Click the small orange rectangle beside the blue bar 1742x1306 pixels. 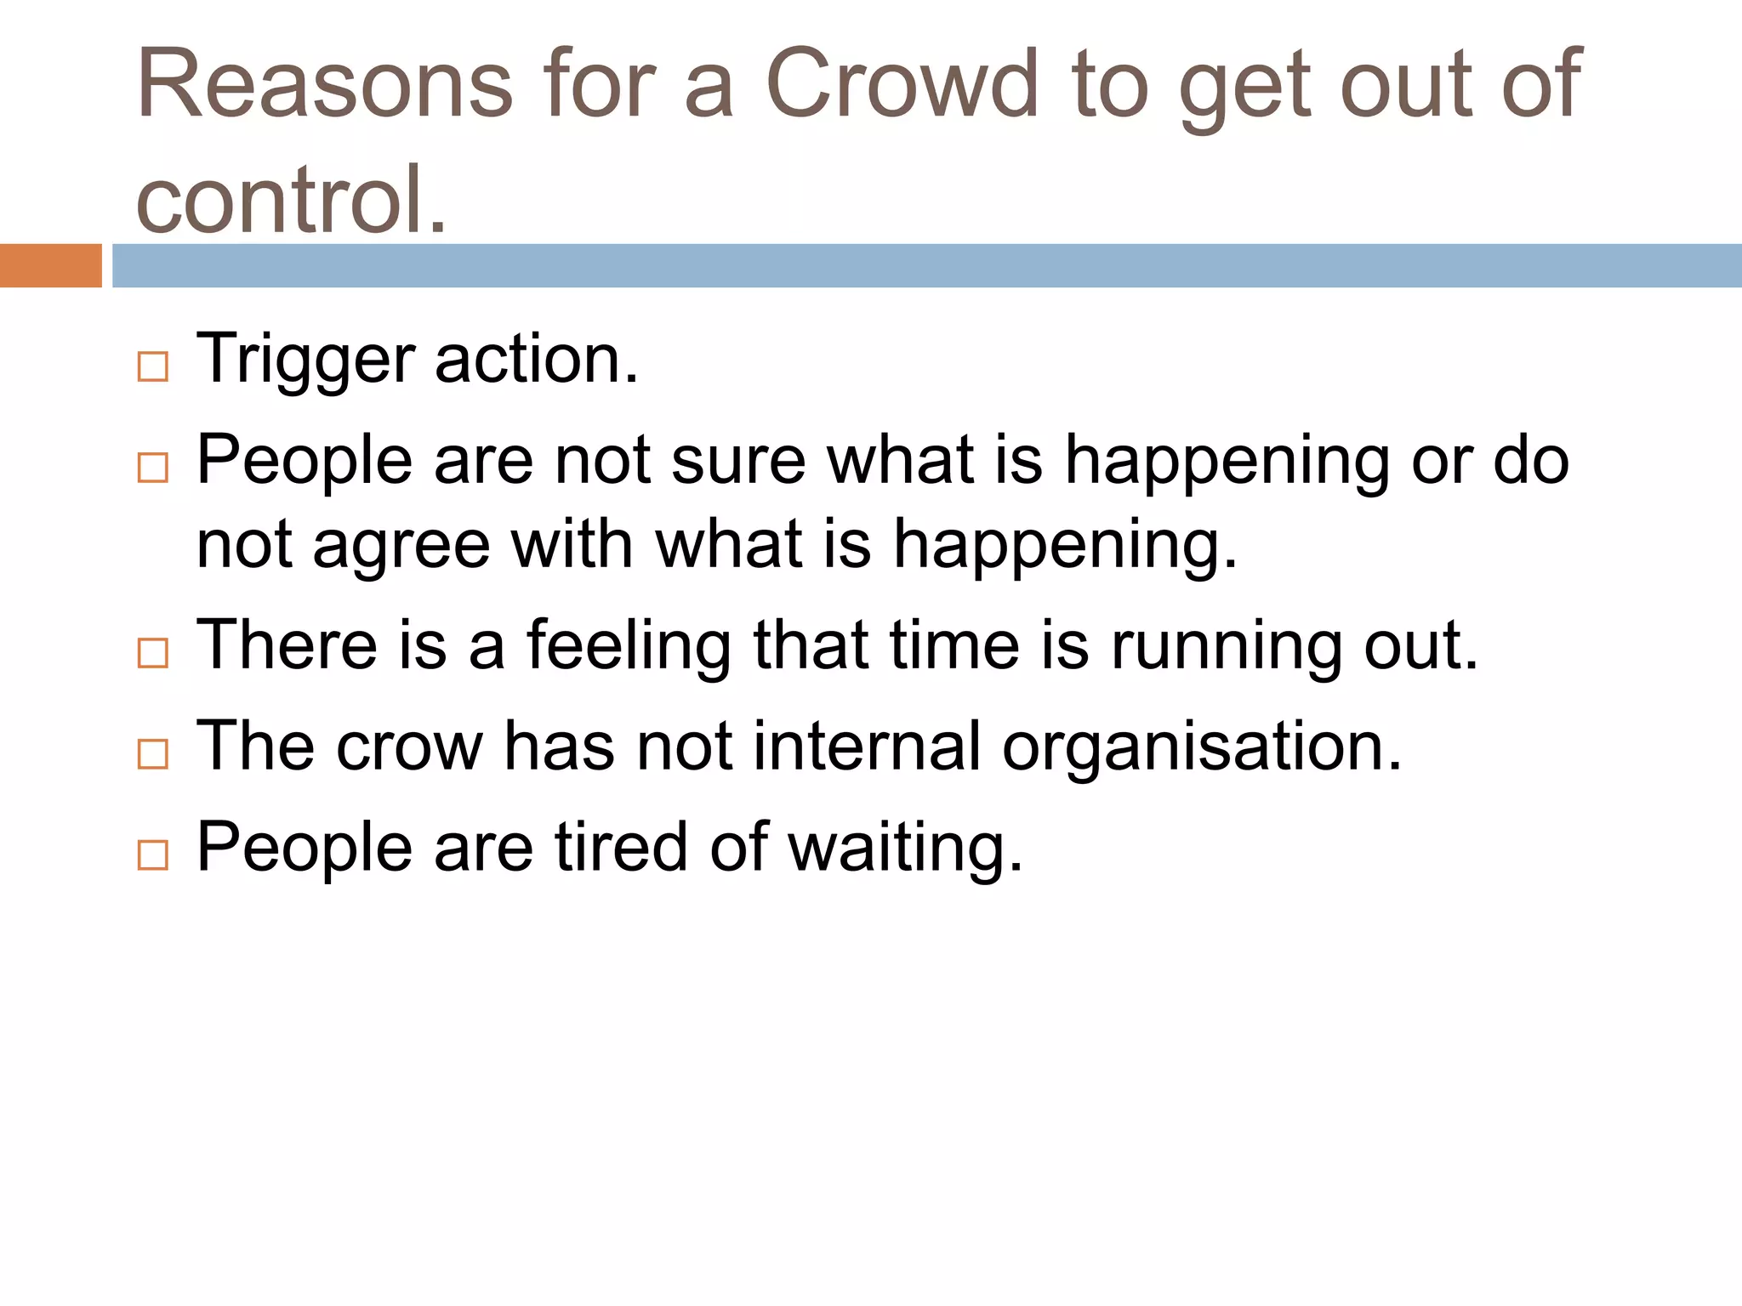tap(50, 265)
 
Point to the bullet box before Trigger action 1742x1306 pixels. tap(153, 367)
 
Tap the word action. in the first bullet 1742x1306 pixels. tap(536, 359)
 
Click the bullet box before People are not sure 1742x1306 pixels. tap(153, 468)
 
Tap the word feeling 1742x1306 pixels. tap(629, 646)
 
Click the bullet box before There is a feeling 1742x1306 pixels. tap(153, 653)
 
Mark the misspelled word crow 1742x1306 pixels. tap(409, 747)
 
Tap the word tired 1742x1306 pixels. tap(621, 847)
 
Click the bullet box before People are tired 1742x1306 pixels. tap(153, 855)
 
